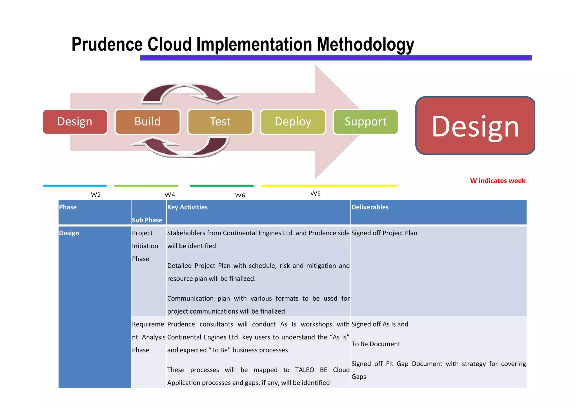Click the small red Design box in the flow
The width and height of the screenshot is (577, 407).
point(75,122)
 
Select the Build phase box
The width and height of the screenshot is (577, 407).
point(147,122)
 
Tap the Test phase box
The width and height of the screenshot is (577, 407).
point(220,122)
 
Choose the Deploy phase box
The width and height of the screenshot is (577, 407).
point(293,122)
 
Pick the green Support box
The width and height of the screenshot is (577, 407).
point(365,122)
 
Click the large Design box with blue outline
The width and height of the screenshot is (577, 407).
point(475,126)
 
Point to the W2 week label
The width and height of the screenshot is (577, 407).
point(96,195)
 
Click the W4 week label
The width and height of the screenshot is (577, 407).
point(170,195)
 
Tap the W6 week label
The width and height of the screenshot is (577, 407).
point(240,195)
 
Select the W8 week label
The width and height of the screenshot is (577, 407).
point(315,194)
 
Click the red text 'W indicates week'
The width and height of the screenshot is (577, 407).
point(498,181)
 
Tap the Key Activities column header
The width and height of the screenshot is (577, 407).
point(187,207)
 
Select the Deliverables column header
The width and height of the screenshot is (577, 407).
point(370,207)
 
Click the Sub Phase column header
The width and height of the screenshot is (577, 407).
point(147,220)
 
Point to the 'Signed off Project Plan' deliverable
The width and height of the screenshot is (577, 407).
point(384,233)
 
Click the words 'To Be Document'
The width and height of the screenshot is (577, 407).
point(376,344)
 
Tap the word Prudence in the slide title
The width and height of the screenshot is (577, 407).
point(107,44)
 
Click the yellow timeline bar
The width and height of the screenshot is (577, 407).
point(329,186)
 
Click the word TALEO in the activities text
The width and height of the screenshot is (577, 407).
point(304,370)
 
